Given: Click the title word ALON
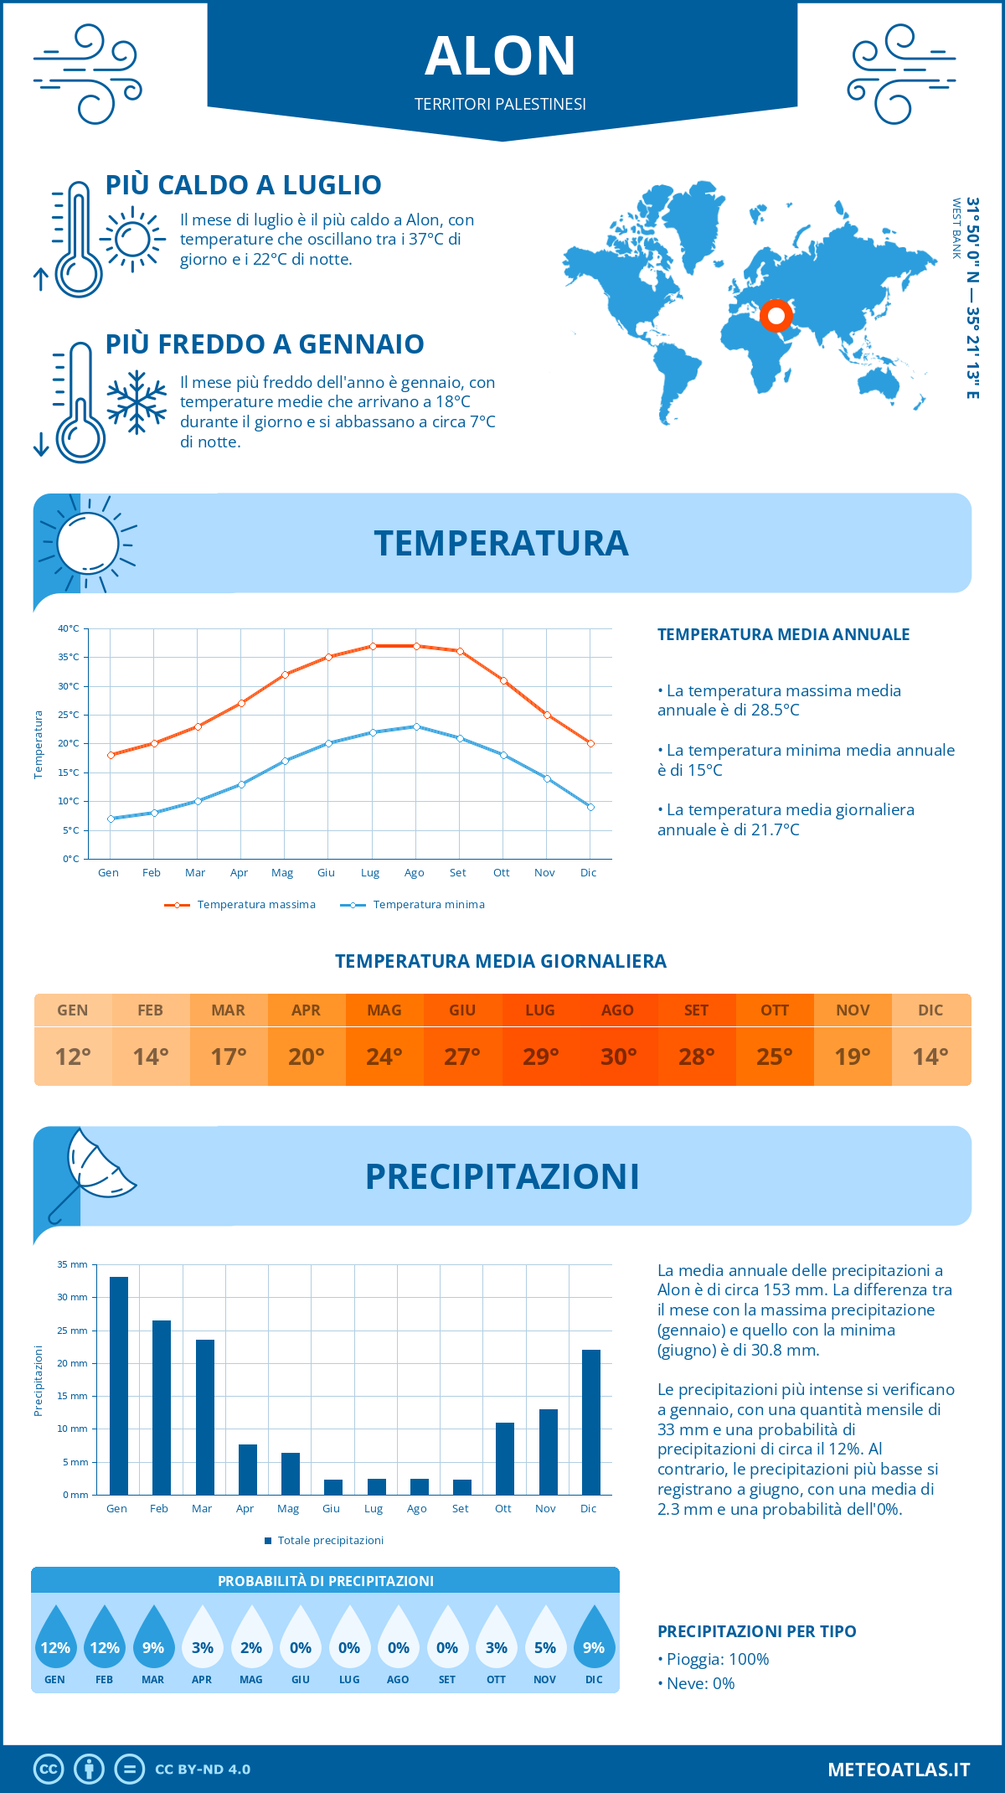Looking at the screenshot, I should [x=500, y=56].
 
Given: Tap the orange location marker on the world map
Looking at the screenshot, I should [x=776, y=316].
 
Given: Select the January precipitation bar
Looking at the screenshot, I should [x=119, y=1386].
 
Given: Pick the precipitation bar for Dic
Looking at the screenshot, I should [x=591, y=1422].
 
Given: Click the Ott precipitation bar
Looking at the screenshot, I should [x=504, y=1459].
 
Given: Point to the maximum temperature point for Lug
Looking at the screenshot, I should [x=373, y=646].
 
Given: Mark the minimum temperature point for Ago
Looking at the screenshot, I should [x=416, y=726].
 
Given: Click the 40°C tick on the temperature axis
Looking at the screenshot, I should [x=69, y=628].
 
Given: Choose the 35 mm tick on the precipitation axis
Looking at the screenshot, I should [x=73, y=1264].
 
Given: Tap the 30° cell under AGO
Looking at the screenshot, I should [x=618, y=1057].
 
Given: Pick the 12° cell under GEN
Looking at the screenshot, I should [x=73, y=1057].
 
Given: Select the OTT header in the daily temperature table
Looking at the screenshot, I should [x=775, y=1010].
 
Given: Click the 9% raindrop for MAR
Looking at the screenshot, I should [x=153, y=1640].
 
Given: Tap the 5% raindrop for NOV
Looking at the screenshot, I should [x=545, y=1640].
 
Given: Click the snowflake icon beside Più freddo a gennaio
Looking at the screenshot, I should [x=137, y=402].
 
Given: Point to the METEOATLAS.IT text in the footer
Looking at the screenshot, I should [x=899, y=1770].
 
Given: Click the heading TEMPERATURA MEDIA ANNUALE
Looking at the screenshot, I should [x=783, y=634].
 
